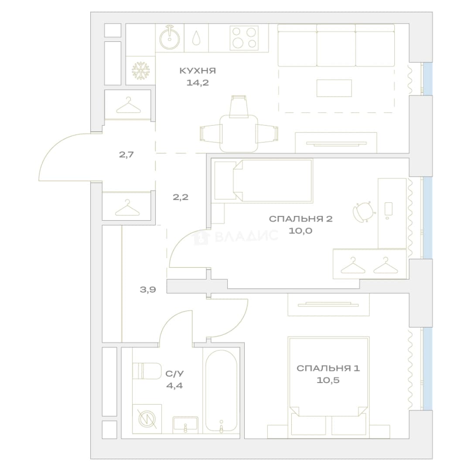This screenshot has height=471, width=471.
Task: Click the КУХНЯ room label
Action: tap(198, 71)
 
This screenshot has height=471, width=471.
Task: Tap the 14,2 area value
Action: tap(198, 82)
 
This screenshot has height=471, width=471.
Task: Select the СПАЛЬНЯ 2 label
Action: tap(300, 218)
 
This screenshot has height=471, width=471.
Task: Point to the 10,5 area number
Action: tap(328, 380)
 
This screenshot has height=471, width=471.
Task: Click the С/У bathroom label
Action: tap(174, 374)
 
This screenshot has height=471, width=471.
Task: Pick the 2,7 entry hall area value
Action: tap(126, 155)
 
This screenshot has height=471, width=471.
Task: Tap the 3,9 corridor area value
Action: tap(148, 290)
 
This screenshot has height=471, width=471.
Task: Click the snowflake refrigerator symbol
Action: tap(140, 71)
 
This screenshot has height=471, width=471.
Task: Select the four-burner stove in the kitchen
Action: tap(244, 38)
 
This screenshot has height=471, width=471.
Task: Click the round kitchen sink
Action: tap(170, 38)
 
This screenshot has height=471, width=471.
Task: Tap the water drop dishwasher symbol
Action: tap(196, 38)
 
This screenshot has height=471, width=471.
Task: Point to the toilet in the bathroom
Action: tap(147, 371)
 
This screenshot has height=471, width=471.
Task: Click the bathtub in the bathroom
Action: tap(222, 390)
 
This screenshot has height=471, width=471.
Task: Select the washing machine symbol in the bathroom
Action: tap(147, 419)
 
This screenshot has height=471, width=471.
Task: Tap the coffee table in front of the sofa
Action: tap(334, 88)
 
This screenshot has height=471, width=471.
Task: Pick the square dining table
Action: tap(239, 134)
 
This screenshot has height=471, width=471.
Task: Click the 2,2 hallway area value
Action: tap(180, 197)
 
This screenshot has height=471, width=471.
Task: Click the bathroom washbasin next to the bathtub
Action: tap(185, 425)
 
